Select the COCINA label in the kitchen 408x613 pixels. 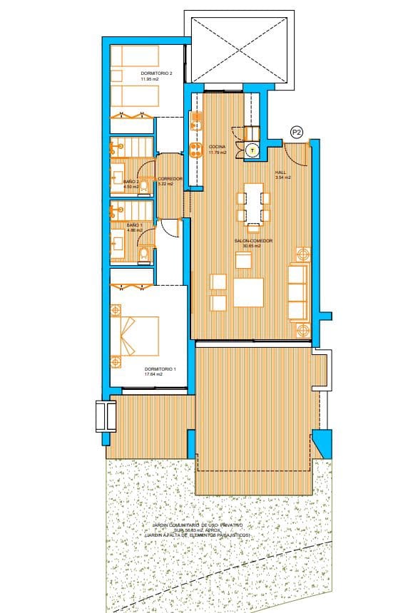coord(217,146)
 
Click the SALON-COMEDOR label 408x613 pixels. coord(254,241)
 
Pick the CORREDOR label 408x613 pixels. coord(170,178)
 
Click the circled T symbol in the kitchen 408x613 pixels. coord(252,150)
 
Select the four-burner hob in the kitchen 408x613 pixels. coord(195,149)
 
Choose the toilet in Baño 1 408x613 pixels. coord(143,254)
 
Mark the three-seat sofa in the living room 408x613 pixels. coord(297,292)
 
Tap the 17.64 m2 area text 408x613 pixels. coord(153,374)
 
